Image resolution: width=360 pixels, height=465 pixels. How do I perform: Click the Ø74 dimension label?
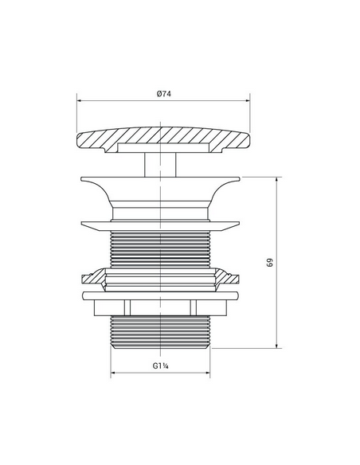pos(164,94)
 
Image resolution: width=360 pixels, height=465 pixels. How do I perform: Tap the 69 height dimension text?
pos(269,263)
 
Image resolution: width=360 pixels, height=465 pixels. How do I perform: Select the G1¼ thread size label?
pos(160,365)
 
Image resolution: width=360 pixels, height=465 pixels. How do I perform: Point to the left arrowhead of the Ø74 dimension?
pos(79,101)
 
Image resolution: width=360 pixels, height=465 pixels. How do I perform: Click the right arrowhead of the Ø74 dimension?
pos(248,101)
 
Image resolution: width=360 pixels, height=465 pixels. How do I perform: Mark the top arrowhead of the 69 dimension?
pos(276,180)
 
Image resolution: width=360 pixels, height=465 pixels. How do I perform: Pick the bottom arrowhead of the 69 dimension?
pos(276,346)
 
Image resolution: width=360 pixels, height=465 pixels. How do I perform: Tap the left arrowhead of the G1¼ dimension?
pos(113,373)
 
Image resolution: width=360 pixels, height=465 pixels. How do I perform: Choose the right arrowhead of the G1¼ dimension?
pos(208,373)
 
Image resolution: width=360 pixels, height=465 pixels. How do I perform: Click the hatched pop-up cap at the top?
pos(163,139)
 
